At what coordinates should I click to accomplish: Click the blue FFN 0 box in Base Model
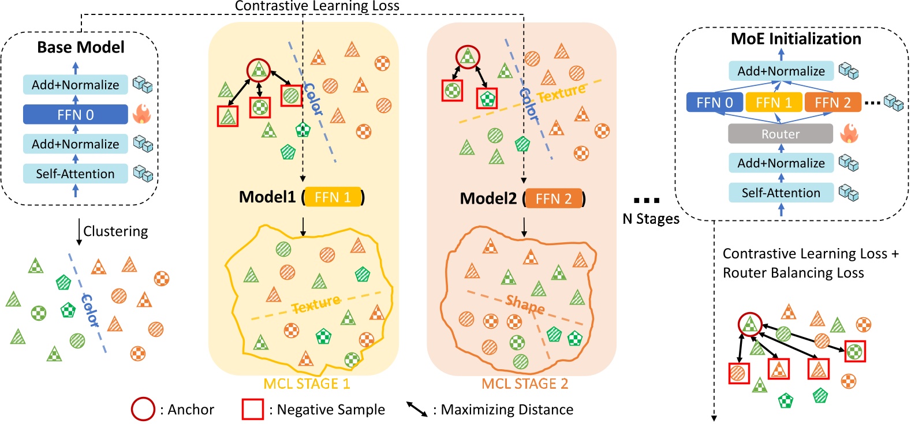click(75, 114)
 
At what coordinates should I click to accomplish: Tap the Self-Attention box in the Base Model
click(75, 174)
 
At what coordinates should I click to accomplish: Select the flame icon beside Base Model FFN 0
click(141, 114)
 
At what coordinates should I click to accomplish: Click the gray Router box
click(780, 134)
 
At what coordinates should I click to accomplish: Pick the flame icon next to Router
click(849, 133)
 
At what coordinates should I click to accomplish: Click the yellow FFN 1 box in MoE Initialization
click(774, 103)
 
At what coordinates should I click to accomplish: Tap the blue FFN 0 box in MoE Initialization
click(714, 103)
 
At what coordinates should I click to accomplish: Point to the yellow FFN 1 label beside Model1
click(333, 197)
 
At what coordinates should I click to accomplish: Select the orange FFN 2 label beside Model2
click(553, 198)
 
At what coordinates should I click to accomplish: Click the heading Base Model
click(80, 47)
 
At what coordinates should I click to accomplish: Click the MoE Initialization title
click(796, 39)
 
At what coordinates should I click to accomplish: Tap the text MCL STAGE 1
click(307, 384)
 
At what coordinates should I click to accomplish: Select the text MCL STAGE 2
click(525, 384)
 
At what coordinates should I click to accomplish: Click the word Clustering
click(115, 231)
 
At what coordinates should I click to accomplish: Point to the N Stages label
click(651, 219)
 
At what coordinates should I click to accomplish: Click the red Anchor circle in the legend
click(143, 409)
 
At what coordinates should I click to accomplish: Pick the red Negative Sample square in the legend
click(252, 409)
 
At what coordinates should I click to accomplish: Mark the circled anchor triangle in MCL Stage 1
click(259, 70)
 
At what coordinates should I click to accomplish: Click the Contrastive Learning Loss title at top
click(317, 6)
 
